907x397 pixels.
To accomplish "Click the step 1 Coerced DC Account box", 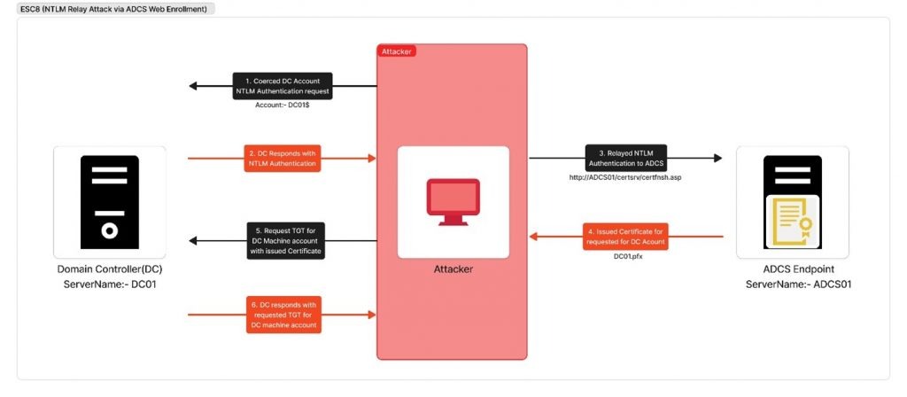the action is tap(283, 86).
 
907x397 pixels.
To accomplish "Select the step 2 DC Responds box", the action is tap(283, 158).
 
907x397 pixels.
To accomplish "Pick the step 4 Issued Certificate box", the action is tap(625, 236).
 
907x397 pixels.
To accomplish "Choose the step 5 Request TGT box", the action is tap(286, 240).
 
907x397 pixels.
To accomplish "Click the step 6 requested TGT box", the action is tap(284, 315).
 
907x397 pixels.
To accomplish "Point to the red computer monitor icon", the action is tap(453, 201).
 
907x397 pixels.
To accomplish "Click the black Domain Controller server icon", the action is tap(109, 201).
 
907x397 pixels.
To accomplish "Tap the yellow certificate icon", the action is tap(793, 221).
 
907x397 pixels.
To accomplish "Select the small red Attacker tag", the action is tap(397, 51).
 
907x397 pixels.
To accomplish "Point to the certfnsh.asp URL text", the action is tap(626, 177).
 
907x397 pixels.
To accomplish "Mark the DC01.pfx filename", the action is tap(628, 255).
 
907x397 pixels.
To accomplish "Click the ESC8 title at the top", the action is tap(113, 9).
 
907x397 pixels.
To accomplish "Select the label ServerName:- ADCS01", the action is tap(798, 284).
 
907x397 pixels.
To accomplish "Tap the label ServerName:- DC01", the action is tap(110, 284).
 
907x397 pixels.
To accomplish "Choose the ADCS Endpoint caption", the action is tap(798, 269).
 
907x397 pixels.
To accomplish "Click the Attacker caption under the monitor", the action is tap(453, 269).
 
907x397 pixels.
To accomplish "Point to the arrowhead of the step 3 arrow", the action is tap(717, 158).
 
